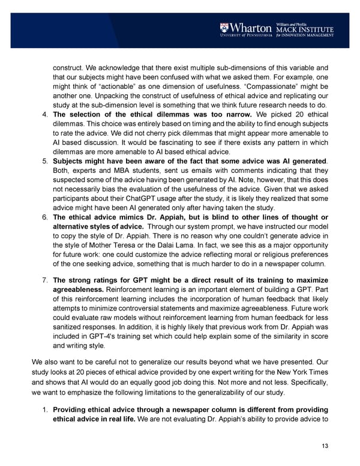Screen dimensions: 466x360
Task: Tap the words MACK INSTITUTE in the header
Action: coord(304,28)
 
